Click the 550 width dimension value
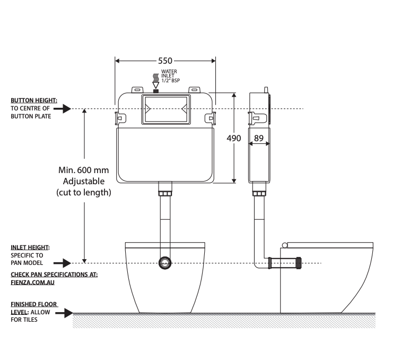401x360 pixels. (x=165, y=61)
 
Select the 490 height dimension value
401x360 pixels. (x=234, y=139)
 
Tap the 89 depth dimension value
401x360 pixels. (x=259, y=139)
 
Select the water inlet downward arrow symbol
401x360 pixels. (x=155, y=83)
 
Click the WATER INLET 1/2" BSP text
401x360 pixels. (x=170, y=75)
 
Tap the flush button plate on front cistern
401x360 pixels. (x=165, y=110)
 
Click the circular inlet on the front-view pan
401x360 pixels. (x=165, y=263)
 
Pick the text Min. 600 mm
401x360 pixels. (x=83, y=170)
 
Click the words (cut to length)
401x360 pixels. (x=84, y=193)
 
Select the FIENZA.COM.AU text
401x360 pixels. (x=33, y=282)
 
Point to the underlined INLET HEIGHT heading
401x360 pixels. (x=30, y=247)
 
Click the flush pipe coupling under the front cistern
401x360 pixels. (x=165, y=189)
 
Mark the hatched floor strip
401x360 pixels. (x=223, y=320)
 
